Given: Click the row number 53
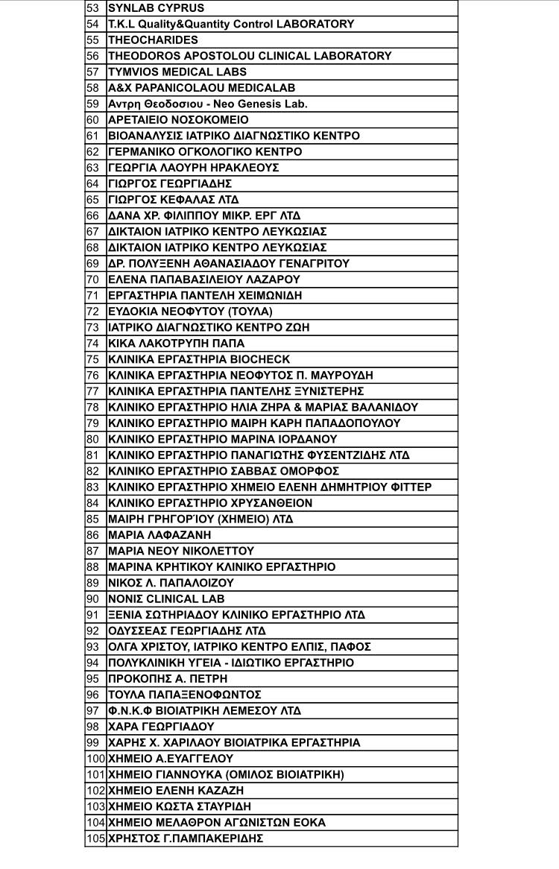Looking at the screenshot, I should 93,8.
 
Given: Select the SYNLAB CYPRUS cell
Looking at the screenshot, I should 156,8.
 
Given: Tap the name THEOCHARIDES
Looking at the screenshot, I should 153,40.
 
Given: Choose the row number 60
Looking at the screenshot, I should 93,120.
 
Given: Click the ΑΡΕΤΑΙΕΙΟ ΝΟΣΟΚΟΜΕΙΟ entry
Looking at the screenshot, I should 178,120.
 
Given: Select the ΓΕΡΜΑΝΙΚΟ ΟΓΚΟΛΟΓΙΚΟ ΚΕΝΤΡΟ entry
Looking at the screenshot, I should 205,152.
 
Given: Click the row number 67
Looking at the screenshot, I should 93,232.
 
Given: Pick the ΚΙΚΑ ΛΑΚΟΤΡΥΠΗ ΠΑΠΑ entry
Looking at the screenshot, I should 176,344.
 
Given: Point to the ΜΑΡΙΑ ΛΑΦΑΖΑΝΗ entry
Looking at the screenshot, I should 160,535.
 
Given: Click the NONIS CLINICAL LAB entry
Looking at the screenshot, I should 166,598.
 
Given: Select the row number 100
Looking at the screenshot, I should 95,759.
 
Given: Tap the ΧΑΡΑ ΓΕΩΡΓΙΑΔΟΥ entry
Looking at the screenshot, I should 161,727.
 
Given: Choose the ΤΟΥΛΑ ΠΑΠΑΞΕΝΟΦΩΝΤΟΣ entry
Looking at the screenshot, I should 184,695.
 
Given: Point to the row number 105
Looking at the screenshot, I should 95,838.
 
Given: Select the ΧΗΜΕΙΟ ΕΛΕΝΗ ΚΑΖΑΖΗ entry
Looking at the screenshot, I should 176,791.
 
